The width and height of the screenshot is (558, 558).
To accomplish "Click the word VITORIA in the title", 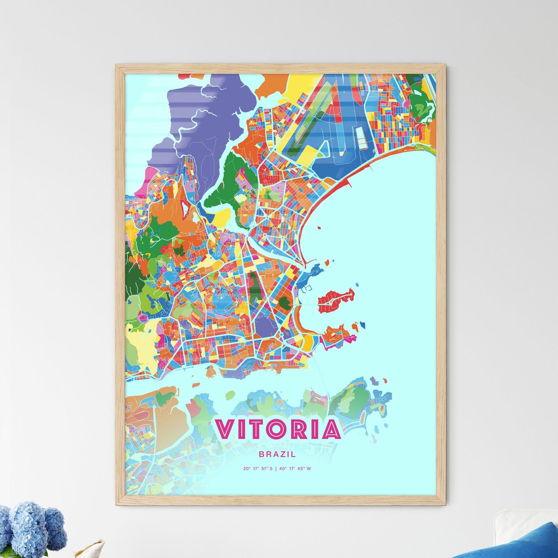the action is (x=278, y=429).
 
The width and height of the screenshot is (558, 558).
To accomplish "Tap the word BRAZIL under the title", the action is (x=278, y=455).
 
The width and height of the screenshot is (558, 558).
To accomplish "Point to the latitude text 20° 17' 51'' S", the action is (x=258, y=469).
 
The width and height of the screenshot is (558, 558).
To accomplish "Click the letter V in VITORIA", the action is (x=225, y=429).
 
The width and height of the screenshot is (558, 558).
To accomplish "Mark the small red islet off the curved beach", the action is (x=319, y=228).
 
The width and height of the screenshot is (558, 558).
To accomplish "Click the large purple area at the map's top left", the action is (x=209, y=116).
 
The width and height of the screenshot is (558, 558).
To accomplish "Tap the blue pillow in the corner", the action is (x=517, y=544).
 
